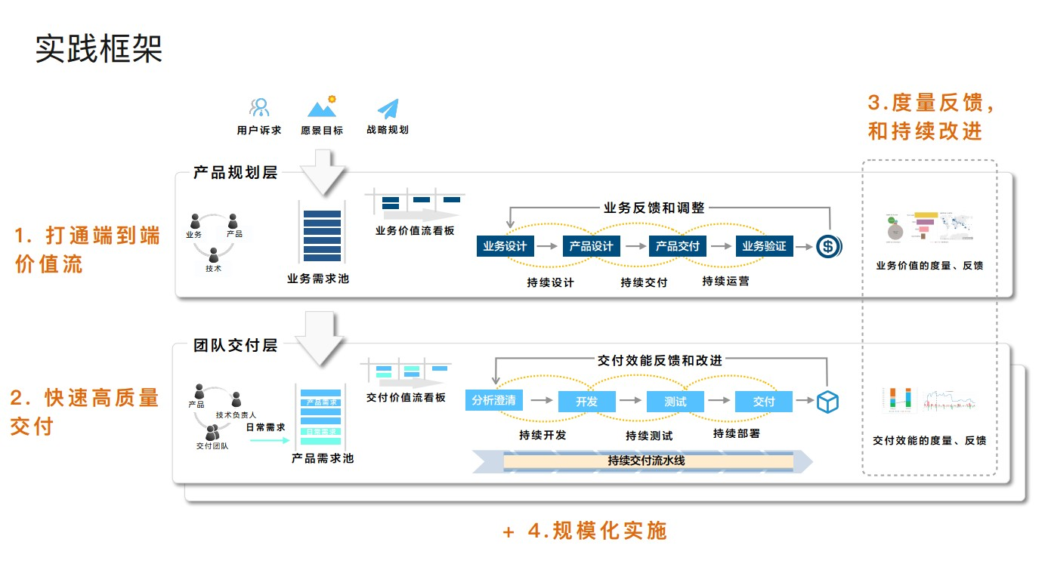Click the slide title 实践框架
coord(99,49)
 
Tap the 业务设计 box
coord(505,246)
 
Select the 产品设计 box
coord(591,246)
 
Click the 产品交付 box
coord(677,246)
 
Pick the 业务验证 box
coord(764,246)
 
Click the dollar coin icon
coord(828,246)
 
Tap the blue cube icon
coord(827,402)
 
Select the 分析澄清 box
coord(494,401)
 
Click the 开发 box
coord(587,402)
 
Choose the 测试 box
coord(675,402)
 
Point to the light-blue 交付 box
coord(764,402)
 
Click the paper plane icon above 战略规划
coord(388,109)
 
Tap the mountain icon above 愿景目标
coord(322,107)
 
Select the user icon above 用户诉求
coord(259,108)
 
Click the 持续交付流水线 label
coord(646,461)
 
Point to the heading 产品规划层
coord(235,173)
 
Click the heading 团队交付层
coord(235,346)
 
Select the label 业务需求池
coord(318,279)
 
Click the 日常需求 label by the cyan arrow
coord(265,427)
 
